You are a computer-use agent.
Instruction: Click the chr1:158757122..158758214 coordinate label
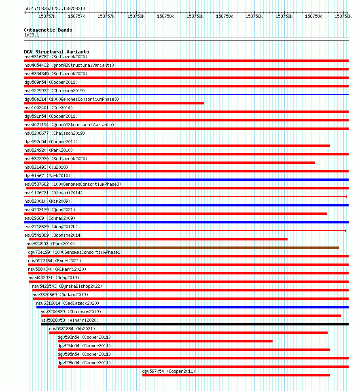click(55, 8)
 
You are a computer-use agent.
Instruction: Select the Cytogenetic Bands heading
click(48, 30)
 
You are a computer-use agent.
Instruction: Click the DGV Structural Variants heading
click(56, 52)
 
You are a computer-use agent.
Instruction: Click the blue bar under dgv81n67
click(186, 180)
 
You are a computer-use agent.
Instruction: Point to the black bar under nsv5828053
click(195, 324)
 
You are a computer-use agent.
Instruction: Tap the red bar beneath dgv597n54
click(236, 375)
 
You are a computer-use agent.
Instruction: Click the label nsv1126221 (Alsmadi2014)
click(53, 193)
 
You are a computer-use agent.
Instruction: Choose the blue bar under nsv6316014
click(192, 307)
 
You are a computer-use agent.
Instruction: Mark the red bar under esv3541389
click(158, 239)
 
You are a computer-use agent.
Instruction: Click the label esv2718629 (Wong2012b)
click(51, 227)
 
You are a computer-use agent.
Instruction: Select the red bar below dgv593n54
click(165, 341)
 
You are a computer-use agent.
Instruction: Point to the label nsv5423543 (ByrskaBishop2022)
click(67, 286)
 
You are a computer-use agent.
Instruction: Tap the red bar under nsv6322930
click(169, 163)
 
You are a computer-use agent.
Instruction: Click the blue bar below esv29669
click(186, 222)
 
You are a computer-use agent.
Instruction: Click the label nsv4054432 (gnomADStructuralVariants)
click(69, 65)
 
